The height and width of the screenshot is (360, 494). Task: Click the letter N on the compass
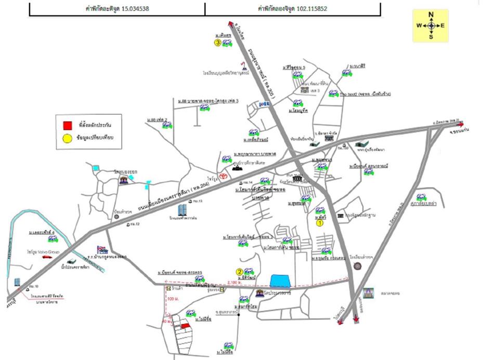[x=431, y=15]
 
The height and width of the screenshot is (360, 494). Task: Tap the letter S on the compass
[x=431, y=36]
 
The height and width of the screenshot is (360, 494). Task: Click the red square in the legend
[x=67, y=125]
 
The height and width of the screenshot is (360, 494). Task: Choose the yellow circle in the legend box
[x=67, y=138]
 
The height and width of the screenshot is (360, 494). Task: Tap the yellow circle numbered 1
[x=320, y=223]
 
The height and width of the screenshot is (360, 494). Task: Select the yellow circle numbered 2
[x=240, y=271]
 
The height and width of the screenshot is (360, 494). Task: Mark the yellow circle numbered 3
[x=217, y=43]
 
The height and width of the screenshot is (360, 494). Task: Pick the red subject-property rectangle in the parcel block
[x=185, y=325]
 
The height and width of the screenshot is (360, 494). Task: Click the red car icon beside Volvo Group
[x=47, y=257]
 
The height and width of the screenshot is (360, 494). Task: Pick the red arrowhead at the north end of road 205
[x=230, y=23]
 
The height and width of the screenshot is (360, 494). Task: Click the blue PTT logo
[x=264, y=104]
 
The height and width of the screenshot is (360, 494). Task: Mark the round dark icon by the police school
[x=357, y=266]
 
